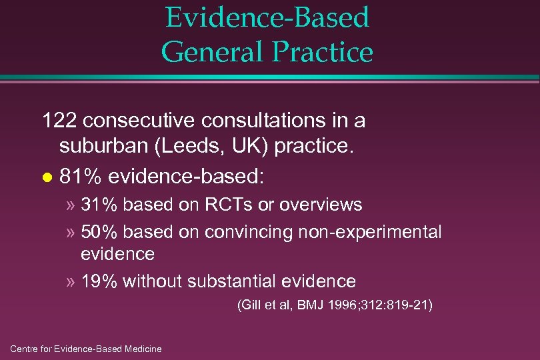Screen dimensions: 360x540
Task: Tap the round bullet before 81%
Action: coord(46,179)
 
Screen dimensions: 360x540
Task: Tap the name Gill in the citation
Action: coord(253,306)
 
